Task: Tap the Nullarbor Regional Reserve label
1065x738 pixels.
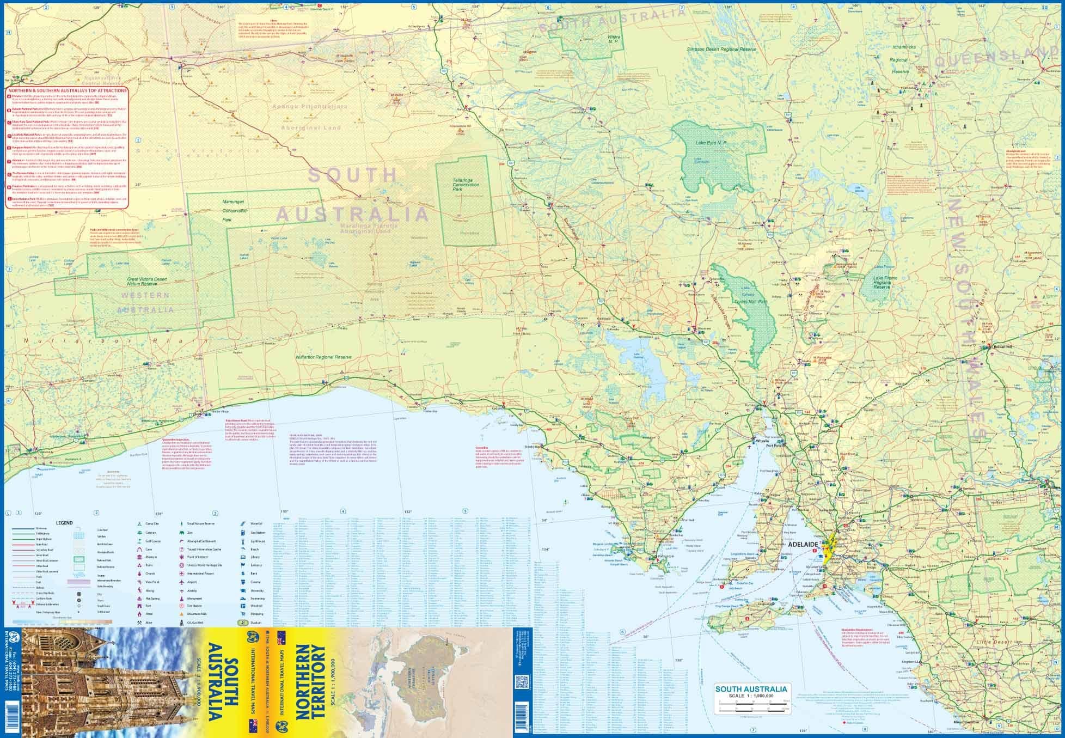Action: [323, 357]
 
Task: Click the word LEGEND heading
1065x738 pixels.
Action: [64, 523]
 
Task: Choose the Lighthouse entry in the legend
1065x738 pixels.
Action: [241, 541]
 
